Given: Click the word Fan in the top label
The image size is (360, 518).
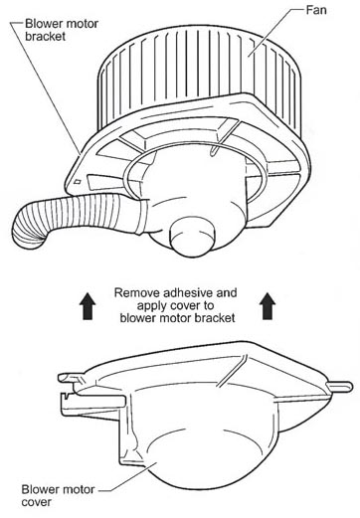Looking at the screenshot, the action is (x=316, y=10).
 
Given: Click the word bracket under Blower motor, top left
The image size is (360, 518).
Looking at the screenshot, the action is (x=46, y=36).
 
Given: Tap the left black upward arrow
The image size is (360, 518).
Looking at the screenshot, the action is (x=89, y=306).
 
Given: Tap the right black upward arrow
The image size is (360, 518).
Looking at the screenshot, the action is (x=268, y=306).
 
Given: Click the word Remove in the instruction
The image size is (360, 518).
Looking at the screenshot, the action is (x=137, y=293).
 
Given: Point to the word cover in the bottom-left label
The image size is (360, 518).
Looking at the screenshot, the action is (x=37, y=502).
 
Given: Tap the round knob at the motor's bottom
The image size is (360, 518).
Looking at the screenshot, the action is (x=193, y=237).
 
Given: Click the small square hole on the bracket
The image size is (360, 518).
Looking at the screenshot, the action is (x=78, y=181).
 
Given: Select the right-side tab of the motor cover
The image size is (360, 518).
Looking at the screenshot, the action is (x=339, y=386).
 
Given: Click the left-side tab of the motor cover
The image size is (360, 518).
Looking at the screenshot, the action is (x=72, y=378).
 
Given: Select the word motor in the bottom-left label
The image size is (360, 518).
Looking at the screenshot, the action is (x=80, y=489).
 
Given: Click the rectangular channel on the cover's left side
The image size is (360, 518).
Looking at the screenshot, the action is (x=92, y=403).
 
